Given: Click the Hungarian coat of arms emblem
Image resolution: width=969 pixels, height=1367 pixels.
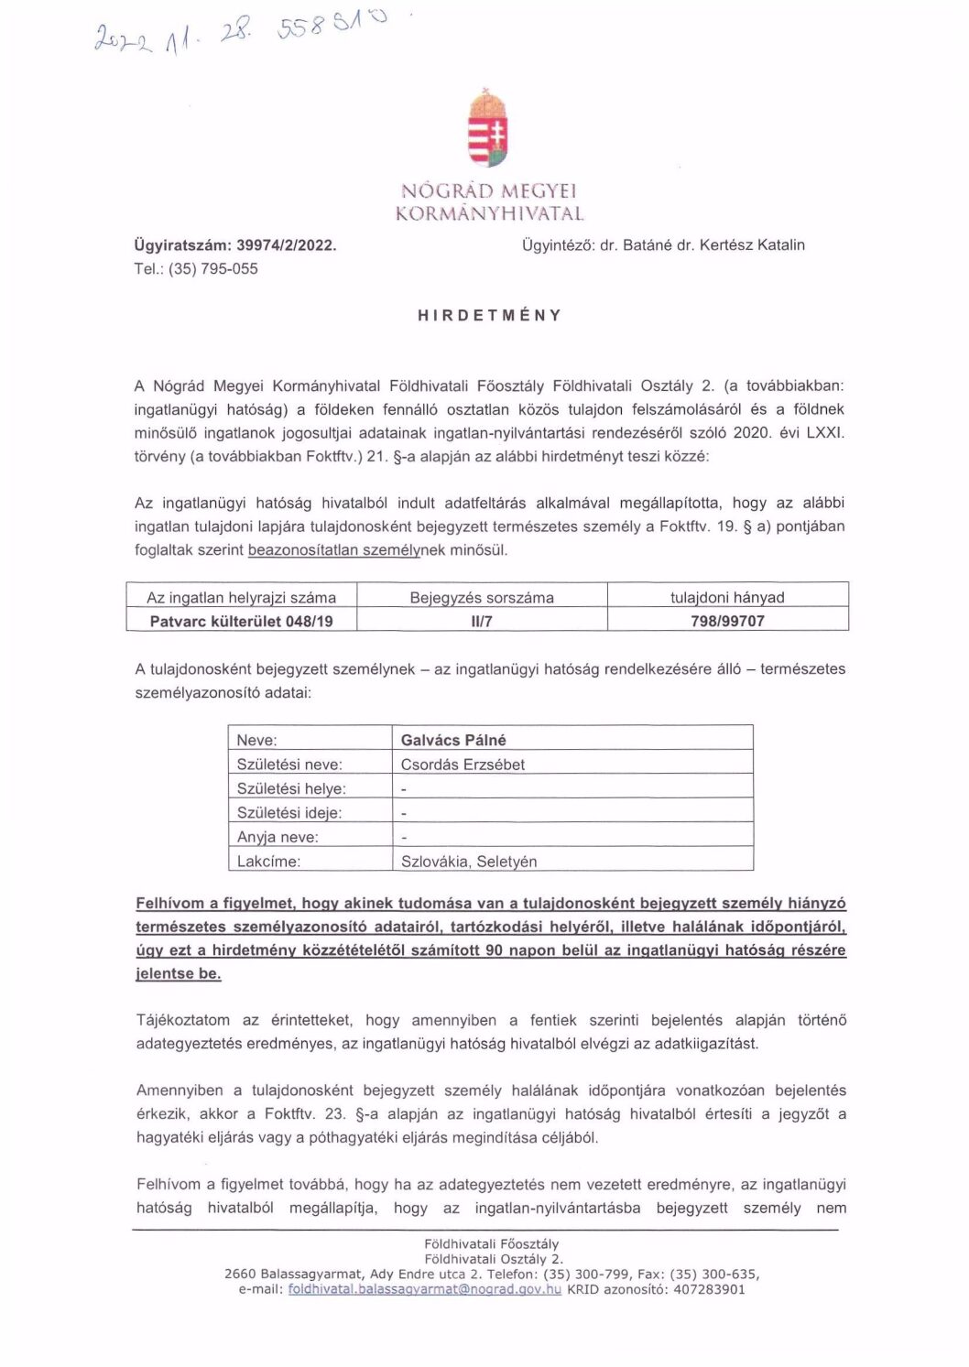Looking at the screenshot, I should (488, 130).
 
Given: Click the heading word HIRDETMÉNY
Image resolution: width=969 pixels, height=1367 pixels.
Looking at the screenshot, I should (489, 315).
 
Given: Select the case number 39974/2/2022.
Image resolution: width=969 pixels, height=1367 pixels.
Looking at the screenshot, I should (286, 245).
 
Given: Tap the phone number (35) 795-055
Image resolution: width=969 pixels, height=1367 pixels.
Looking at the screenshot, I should (212, 269).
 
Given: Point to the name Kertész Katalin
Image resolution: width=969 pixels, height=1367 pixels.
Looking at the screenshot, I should (752, 245).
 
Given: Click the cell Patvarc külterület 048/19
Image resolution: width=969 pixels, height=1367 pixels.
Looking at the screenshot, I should (241, 621).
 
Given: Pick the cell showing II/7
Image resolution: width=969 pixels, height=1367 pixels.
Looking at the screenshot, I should (482, 621).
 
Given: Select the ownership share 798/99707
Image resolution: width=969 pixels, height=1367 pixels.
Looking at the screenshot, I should (727, 621).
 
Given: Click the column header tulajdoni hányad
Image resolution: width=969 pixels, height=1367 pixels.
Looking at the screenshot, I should (727, 598).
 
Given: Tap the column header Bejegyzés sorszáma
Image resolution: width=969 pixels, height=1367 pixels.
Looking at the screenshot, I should (482, 598).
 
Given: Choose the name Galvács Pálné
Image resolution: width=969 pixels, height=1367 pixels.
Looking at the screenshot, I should (453, 740).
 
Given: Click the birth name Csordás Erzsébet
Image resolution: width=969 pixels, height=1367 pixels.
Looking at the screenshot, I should (463, 765).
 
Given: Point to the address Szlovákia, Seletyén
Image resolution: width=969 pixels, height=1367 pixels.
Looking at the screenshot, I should (469, 862).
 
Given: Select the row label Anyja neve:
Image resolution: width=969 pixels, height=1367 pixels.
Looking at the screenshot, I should (278, 837).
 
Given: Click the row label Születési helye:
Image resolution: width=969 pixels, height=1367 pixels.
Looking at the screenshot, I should (290, 788).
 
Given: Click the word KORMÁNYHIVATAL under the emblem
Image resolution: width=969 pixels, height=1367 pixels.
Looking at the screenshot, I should (489, 214).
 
